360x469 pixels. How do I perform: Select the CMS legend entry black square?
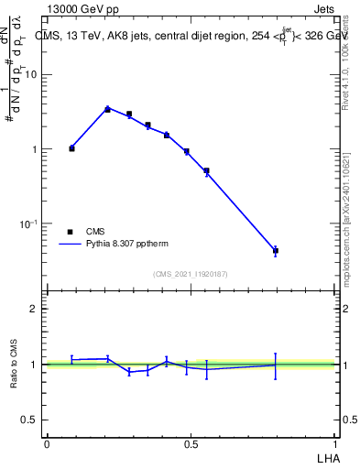coord(71,232)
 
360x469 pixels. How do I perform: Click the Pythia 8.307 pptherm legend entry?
coord(116,245)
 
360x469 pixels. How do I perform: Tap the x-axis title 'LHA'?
coord(326,456)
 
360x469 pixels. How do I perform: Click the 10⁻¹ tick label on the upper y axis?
coord(29,223)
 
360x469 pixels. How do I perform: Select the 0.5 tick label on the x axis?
coord(191,444)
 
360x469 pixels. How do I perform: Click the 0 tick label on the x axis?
coord(47,444)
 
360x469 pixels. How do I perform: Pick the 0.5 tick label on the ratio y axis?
coord(30,420)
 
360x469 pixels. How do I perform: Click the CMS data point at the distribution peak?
coord(107,109)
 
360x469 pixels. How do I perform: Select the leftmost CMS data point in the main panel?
coord(72,147)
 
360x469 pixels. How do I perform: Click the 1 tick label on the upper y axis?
coord(36,149)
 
